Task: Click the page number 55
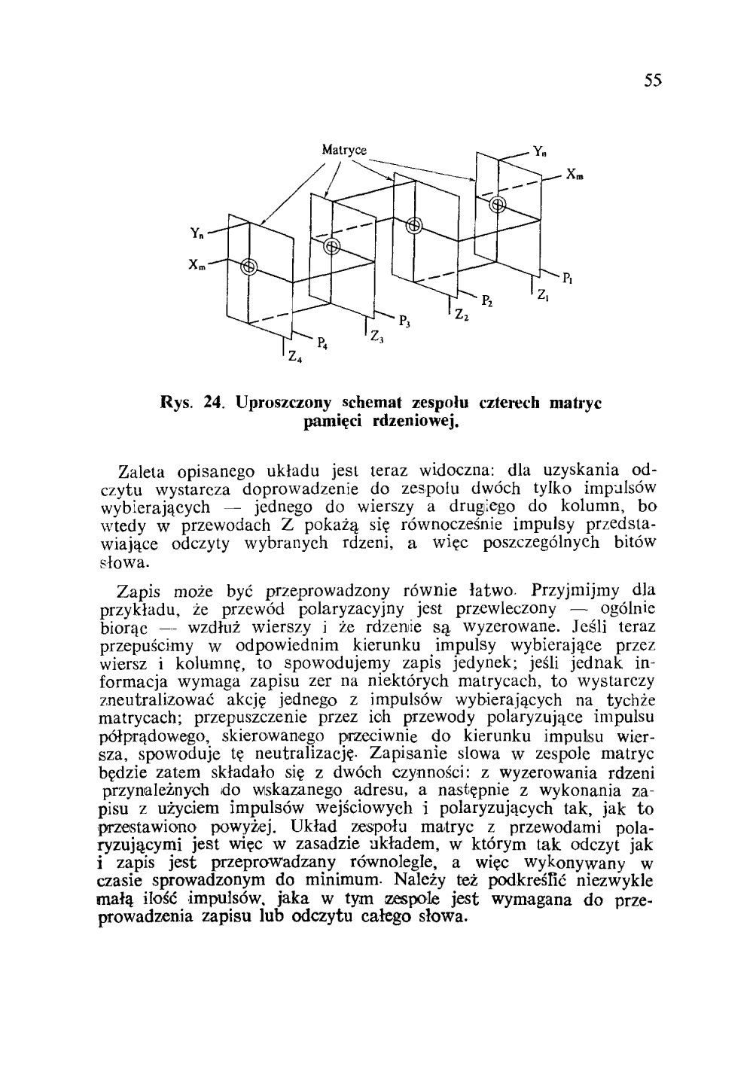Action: pos(652,81)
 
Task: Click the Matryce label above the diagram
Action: pos(344,149)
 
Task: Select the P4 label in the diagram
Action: pos(322,344)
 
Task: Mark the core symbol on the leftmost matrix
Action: pos(248,266)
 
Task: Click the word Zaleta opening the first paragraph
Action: pos(145,474)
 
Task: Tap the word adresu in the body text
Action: pos(373,790)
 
